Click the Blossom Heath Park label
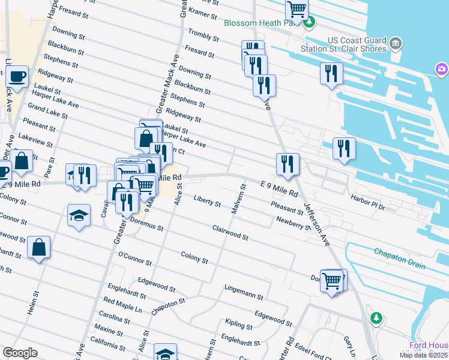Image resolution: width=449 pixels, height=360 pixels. point(261,23)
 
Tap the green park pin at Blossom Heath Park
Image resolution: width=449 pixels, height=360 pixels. point(309,23)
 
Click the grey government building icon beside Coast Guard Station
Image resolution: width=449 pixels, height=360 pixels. point(395,43)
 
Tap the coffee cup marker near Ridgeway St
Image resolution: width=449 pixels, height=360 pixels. point(17,77)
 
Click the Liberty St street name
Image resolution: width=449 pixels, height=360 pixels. point(207,200)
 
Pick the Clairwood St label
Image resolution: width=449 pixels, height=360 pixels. point(230,233)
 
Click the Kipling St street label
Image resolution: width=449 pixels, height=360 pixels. point(238,325)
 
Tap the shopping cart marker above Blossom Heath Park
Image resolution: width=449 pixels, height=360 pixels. point(297,10)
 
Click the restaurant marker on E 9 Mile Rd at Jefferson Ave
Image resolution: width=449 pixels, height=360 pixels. point(288,164)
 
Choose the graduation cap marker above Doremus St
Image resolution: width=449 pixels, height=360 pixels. point(79,215)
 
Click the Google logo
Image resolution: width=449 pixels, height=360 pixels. point(19,353)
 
